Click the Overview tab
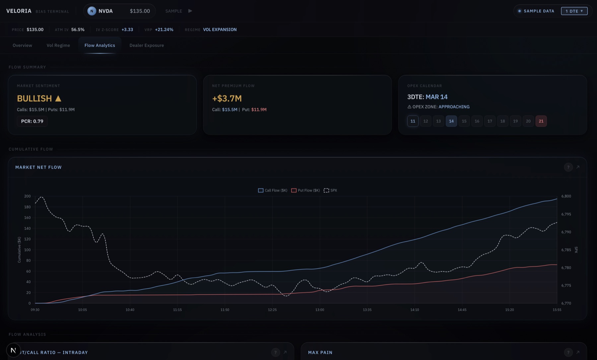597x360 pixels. click(22, 45)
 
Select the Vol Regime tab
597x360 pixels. click(58, 45)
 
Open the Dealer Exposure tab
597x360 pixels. click(147, 45)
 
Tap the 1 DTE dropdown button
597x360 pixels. click(574, 11)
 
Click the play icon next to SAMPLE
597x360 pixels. click(190, 11)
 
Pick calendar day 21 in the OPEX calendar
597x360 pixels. click(541, 121)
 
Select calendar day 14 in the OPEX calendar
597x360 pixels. click(451, 121)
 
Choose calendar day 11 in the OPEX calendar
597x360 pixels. click(413, 121)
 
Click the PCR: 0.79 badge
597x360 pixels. click(32, 121)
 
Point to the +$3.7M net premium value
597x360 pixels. click(227, 98)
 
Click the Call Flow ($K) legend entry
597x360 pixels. click(273, 190)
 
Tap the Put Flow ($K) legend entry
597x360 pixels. click(305, 190)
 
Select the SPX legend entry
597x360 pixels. click(330, 190)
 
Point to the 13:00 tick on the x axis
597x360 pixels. click(320, 310)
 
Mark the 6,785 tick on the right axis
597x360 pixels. click(566, 250)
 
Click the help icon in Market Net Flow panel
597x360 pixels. click(568, 167)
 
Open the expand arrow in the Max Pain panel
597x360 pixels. click(578, 352)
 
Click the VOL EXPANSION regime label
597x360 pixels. click(220, 30)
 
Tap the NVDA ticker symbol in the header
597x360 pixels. click(105, 11)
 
